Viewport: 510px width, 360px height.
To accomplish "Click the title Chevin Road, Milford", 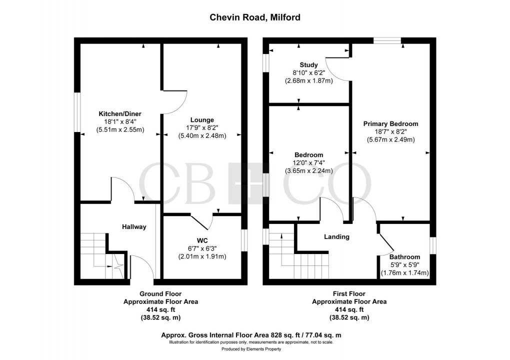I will point(254,17).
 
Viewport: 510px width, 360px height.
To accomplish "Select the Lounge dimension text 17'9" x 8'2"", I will point(202,127).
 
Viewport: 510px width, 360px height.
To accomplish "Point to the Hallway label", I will point(134,226).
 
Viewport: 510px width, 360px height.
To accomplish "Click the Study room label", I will point(308,64).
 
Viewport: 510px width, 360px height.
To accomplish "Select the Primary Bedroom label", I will point(390,123).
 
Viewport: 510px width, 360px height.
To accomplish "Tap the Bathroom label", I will point(405,257).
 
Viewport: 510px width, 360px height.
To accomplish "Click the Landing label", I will point(336,236).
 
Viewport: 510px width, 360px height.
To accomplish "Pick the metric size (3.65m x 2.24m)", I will point(308,170).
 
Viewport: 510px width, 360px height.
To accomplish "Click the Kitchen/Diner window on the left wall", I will point(77,112).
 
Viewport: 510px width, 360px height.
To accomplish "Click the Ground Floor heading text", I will point(160,294).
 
